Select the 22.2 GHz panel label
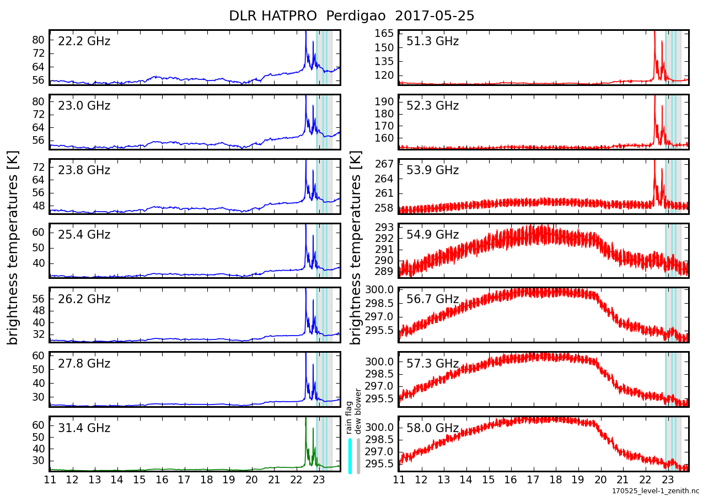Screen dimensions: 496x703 (x=84, y=41)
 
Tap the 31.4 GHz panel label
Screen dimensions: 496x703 (x=84, y=428)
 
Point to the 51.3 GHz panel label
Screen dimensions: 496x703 (x=432, y=41)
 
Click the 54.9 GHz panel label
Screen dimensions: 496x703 (x=432, y=235)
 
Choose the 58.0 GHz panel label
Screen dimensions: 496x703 (x=432, y=428)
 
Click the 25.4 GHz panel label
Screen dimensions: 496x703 (x=84, y=235)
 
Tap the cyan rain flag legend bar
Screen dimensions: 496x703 (x=350, y=455)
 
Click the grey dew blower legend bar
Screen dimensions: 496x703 (x=358, y=455)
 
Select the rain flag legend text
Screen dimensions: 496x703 (x=349, y=418)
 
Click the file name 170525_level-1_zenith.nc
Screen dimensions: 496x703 (x=655, y=490)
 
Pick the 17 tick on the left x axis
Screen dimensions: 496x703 (x=184, y=479)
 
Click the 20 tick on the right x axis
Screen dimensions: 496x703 (x=600, y=479)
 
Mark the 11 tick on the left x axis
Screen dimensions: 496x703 (x=50, y=479)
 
